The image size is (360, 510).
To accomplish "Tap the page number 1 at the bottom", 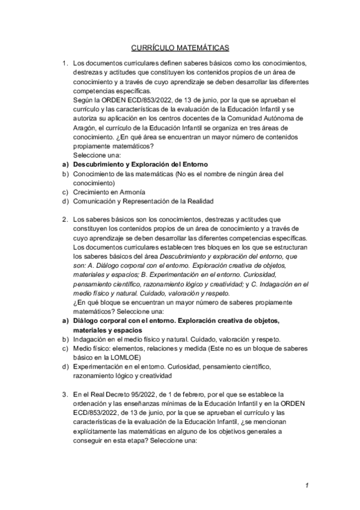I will [x=307, y=485].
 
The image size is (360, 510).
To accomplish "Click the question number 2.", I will [x=64, y=220].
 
